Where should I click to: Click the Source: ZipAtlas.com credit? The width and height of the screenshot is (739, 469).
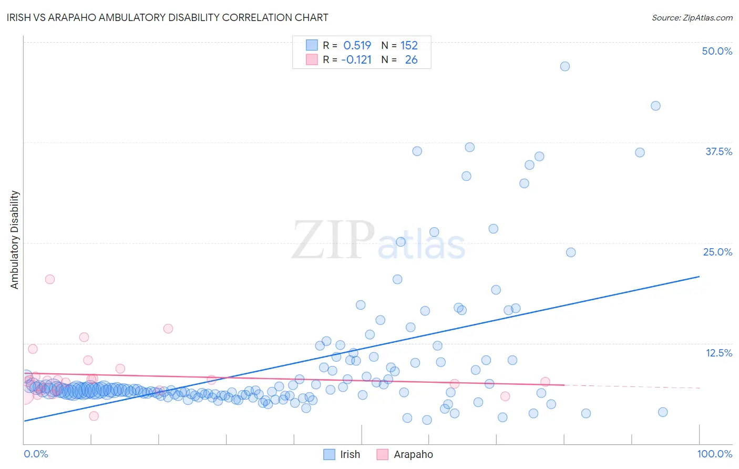(x=692, y=17)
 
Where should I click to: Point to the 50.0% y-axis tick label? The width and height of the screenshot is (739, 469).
(x=717, y=51)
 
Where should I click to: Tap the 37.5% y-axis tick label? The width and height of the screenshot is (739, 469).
(x=719, y=151)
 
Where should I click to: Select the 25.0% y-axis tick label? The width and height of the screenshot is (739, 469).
(x=717, y=252)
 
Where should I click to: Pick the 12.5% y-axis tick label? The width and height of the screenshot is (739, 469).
(x=719, y=353)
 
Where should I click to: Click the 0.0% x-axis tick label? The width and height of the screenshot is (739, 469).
(x=36, y=454)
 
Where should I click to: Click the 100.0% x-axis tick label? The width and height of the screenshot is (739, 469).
(x=714, y=454)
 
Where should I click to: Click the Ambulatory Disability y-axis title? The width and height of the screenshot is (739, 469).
(x=15, y=239)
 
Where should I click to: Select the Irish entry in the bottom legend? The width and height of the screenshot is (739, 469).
(x=342, y=454)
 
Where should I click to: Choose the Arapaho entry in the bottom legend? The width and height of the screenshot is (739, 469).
(x=405, y=454)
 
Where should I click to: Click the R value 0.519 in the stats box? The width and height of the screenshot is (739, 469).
(x=357, y=45)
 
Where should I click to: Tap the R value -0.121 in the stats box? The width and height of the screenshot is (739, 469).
(x=356, y=59)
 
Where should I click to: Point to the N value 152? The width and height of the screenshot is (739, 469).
(x=409, y=45)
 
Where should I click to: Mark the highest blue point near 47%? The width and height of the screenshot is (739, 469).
(x=565, y=66)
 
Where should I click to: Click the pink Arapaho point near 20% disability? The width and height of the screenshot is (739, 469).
(x=50, y=279)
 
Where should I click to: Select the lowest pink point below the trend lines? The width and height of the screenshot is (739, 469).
(x=94, y=416)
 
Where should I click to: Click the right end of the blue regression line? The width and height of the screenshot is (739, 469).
(x=699, y=276)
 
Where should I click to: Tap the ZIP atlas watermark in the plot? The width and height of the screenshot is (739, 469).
(x=378, y=240)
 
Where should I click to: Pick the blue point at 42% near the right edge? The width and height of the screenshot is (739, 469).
(x=655, y=106)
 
